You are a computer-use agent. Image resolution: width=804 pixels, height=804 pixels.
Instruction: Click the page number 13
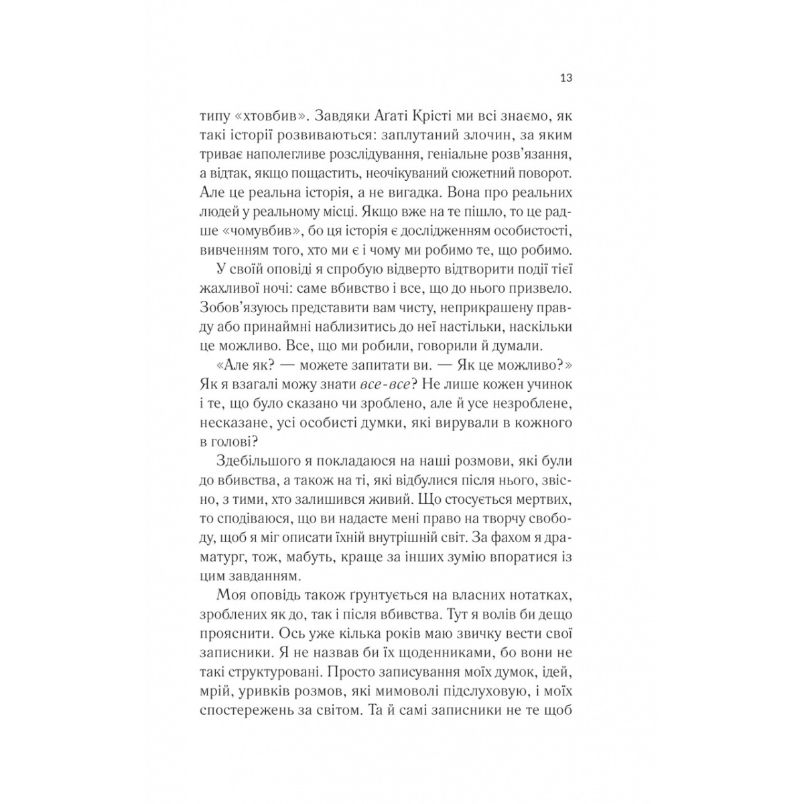coord(565,78)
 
